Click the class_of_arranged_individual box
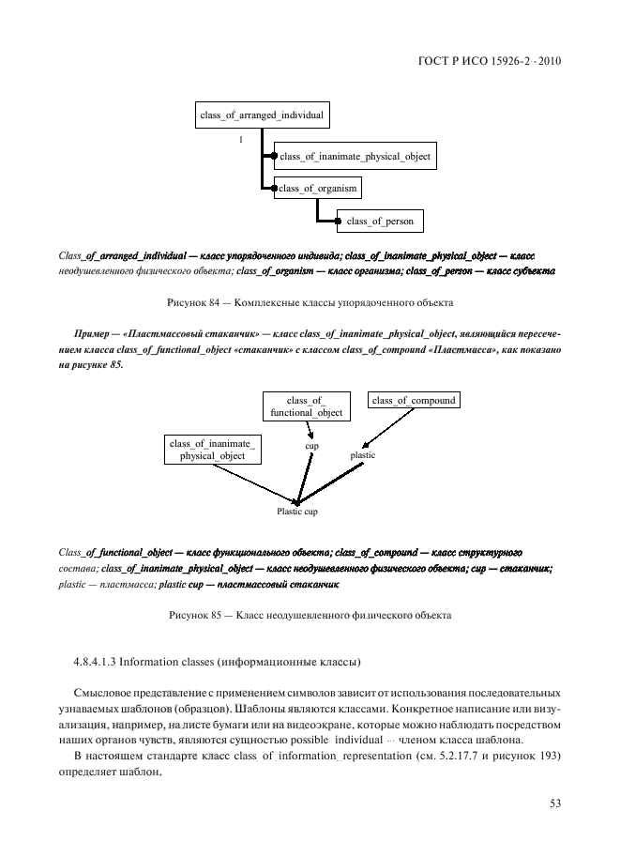click(x=262, y=115)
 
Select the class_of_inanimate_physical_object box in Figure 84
click(x=355, y=157)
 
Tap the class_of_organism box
click(x=319, y=189)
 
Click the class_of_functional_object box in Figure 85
click(x=306, y=406)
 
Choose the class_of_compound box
click(x=414, y=401)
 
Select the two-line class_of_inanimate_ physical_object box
click(x=213, y=449)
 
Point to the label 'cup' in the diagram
click(x=311, y=446)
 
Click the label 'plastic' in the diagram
click(x=362, y=455)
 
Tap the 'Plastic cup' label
click(x=296, y=512)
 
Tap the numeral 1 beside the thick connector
click(x=241, y=139)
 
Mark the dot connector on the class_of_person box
click(x=337, y=222)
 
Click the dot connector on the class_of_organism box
click(x=274, y=189)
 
